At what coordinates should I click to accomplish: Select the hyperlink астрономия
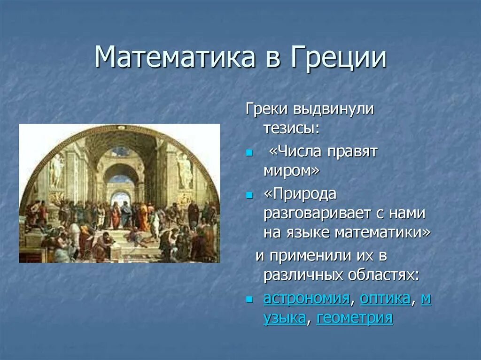pos(306,298)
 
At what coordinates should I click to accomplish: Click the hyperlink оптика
pos(385,298)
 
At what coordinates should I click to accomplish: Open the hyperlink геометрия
pos(355,317)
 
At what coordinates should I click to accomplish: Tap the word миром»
pos(291,171)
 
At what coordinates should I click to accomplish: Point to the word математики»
pos(382,232)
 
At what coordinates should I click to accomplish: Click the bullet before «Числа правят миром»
pos(249,153)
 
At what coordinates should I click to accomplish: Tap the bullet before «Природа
pos(249,195)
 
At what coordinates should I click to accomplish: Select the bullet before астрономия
pos(249,299)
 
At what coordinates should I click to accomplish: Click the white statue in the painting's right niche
pos(184,171)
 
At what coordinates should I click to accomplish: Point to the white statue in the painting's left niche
pos(56,171)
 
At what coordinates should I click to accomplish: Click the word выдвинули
pos(334,109)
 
